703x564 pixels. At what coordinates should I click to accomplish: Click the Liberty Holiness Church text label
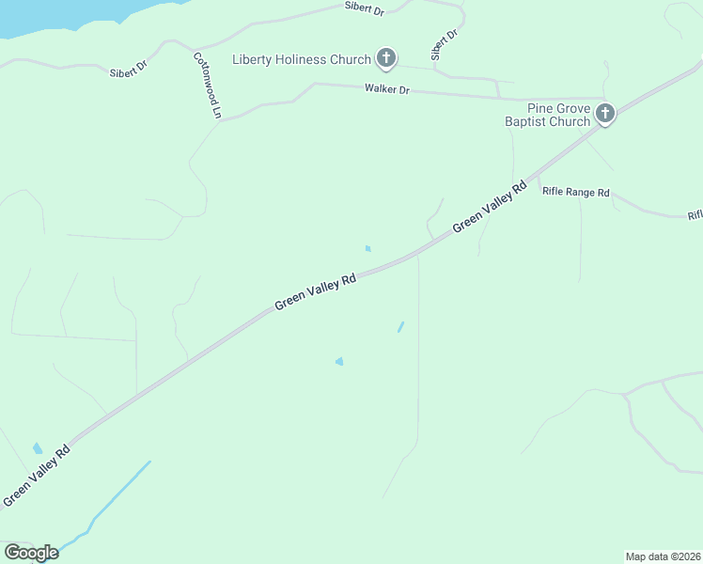[302, 60]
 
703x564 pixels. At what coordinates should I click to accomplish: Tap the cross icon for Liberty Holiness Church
[385, 59]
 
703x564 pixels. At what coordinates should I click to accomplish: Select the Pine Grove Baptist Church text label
[548, 115]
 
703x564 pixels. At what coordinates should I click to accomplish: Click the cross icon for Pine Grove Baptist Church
[605, 115]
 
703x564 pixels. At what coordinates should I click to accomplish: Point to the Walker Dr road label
[388, 89]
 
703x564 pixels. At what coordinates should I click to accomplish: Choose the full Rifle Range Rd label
[576, 193]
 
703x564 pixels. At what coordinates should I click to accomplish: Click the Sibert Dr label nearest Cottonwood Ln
[129, 70]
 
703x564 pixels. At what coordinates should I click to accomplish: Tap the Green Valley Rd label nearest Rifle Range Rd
[489, 209]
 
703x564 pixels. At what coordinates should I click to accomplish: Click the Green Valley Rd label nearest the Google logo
[37, 476]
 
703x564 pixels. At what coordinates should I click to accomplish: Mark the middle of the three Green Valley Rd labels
[316, 292]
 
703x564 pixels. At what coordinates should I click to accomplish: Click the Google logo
[31, 553]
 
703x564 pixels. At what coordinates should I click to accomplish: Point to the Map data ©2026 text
[664, 556]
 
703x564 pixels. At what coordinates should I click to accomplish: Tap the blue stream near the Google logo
[120, 493]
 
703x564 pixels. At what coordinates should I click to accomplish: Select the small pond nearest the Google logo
[38, 448]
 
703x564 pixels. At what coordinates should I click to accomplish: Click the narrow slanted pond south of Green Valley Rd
[400, 327]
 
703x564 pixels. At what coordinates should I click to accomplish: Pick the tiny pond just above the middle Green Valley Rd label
[367, 248]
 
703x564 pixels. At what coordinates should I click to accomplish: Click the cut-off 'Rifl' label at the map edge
[695, 215]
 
